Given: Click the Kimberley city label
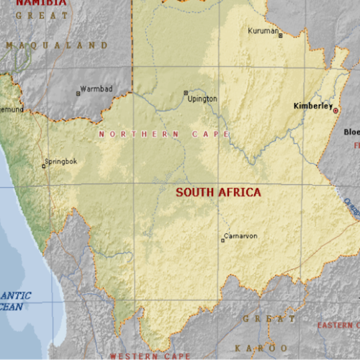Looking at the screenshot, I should (312, 106).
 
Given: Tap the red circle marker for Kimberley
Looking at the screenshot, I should (336, 109).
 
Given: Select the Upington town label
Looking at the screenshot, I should (202, 99).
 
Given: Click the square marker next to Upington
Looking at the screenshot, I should (186, 93).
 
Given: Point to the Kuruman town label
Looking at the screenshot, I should (261, 31).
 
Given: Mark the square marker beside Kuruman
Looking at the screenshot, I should (280, 35).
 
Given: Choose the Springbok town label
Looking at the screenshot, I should (60, 161).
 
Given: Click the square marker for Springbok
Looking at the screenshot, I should (43, 166).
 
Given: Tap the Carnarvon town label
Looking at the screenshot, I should (240, 235).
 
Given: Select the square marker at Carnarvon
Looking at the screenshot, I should (222, 240).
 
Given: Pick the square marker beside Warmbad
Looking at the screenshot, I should (78, 93).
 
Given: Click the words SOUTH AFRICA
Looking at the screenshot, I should (218, 193).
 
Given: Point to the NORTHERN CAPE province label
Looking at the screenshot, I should (164, 134).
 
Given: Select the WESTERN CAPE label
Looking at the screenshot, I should (149, 356).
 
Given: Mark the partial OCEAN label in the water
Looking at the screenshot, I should (11, 307).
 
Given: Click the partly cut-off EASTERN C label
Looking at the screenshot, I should (338, 325).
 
